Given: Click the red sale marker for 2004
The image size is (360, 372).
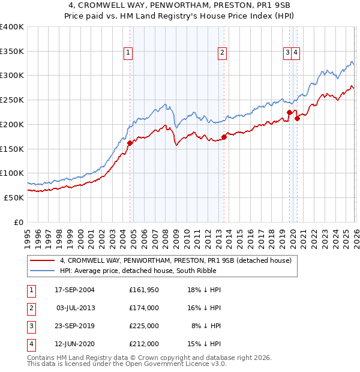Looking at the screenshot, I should (130, 143).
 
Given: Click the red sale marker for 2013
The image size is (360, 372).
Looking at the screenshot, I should (224, 137).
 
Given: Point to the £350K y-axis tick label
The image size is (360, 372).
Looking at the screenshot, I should (12, 51).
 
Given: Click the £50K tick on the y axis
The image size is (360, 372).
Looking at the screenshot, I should (14, 197).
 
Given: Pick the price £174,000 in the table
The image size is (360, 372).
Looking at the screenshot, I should (144, 308).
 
